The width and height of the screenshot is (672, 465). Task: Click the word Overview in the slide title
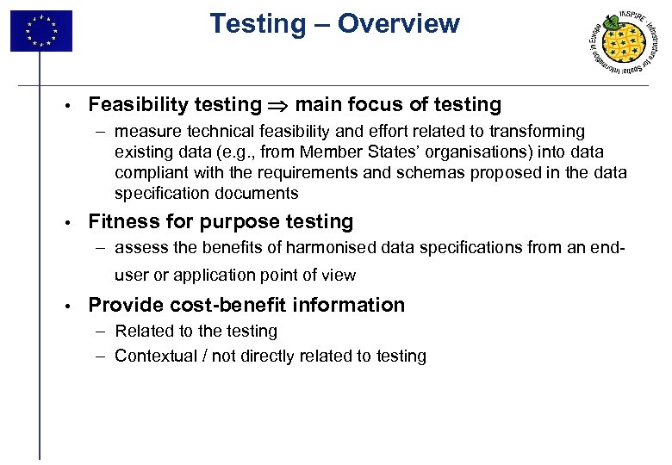pos(398,24)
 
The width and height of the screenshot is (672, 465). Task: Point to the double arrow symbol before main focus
pos(278,105)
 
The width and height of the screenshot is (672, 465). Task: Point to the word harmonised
pos(339,249)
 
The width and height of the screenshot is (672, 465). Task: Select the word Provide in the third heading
pos(123,305)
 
